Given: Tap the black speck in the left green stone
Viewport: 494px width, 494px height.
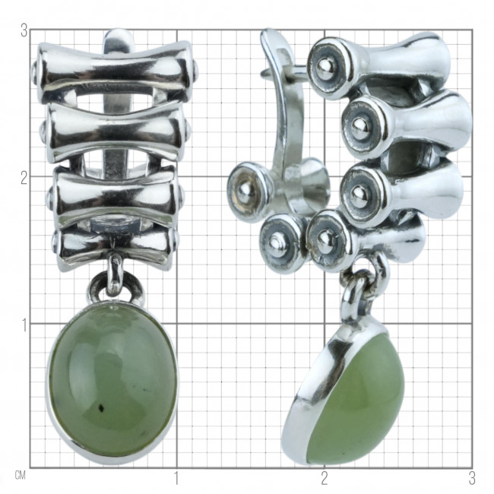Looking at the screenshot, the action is point(102,409).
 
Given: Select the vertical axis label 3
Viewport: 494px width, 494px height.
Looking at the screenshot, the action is point(24,31).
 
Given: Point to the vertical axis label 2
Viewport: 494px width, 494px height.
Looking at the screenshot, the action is point(24,179).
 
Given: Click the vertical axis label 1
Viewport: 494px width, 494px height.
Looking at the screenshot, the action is point(24,326).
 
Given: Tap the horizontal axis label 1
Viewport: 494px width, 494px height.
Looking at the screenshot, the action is point(176,479).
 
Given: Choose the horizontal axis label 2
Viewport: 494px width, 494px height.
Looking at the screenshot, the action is point(325,479).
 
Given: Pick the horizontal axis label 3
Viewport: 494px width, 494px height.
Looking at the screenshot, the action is point(472,479).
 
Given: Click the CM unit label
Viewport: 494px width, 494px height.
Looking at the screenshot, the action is point(20,476).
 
